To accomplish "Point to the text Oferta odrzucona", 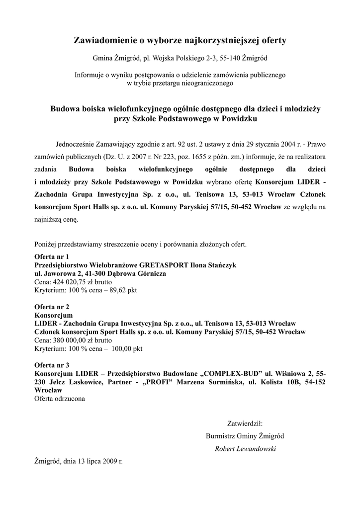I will [59, 398].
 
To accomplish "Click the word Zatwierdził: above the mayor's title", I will [245, 424].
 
